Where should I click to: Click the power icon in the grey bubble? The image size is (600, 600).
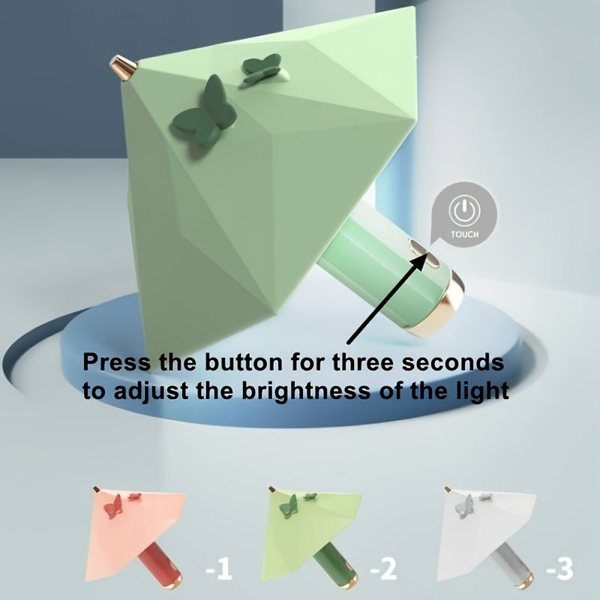click(464, 210)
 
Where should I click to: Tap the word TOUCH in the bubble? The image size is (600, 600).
click(464, 234)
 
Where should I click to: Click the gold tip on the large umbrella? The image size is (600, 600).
click(123, 67)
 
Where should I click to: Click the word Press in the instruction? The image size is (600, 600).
click(116, 362)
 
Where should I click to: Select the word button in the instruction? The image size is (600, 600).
click(243, 362)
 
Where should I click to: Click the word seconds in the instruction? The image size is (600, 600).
click(453, 362)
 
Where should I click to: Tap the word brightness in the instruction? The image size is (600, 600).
click(306, 391)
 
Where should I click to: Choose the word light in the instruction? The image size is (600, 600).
click(482, 391)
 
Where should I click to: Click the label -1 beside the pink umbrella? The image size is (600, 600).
click(218, 570)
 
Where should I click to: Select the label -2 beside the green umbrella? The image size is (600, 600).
click(383, 568)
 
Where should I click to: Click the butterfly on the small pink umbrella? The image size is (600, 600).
click(113, 507)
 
